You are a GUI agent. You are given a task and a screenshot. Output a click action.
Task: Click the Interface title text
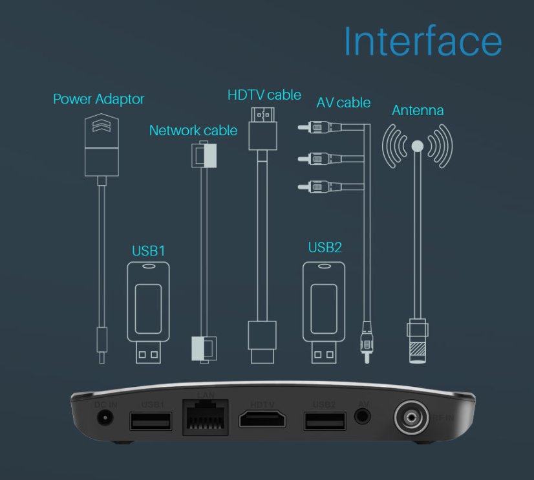click(422, 41)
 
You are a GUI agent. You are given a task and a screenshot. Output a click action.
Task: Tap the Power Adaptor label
click(98, 100)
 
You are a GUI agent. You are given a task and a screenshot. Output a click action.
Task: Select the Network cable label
click(193, 131)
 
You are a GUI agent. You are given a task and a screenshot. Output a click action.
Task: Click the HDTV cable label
click(264, 95)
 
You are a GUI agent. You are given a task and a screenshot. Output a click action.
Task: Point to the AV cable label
click(343, 102)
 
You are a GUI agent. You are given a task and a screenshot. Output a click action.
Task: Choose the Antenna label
click(418, 111)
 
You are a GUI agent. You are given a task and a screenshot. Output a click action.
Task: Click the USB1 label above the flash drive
click(148, 250)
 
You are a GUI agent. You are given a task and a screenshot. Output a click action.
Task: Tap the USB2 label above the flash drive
click(325, 247)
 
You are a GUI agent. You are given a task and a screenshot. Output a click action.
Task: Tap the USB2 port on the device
click(324, 421)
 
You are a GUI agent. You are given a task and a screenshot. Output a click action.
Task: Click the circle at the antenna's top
click(417, 146)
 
